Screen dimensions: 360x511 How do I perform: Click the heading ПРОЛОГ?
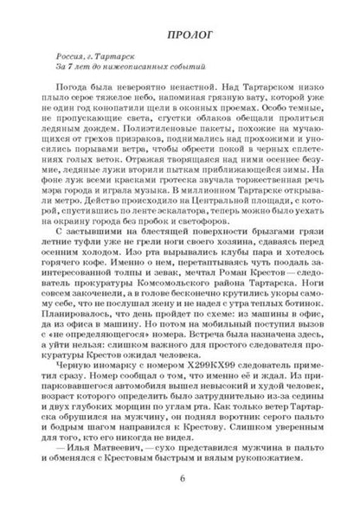pos(180,32)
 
